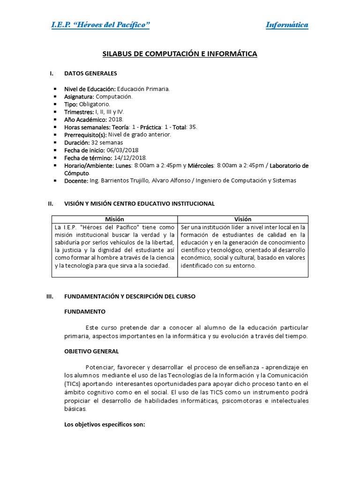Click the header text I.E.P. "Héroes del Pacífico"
[100, 25]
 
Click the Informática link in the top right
[287, 25]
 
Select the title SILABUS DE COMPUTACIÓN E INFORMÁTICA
[180, 54]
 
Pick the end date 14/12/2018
[130, 158]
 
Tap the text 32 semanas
[107, 142]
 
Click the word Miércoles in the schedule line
[202, 165]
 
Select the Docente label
[76, 181]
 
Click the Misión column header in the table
[114, 219]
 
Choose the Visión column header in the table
[243, 219]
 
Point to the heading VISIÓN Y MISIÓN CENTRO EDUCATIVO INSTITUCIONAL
[139, 204]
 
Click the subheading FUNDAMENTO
[85, 311]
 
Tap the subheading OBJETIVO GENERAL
[91, 351]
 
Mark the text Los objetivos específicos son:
[105, 425]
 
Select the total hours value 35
[193, 127]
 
